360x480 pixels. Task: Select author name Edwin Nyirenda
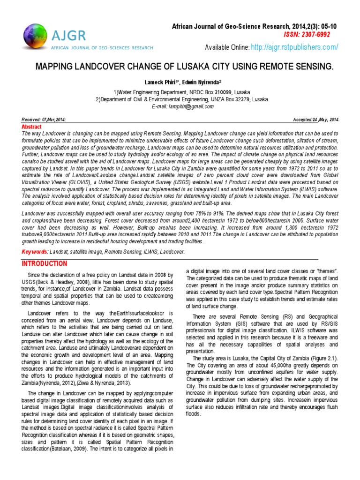click(201, 82)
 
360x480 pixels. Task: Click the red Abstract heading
click(32, 127)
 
